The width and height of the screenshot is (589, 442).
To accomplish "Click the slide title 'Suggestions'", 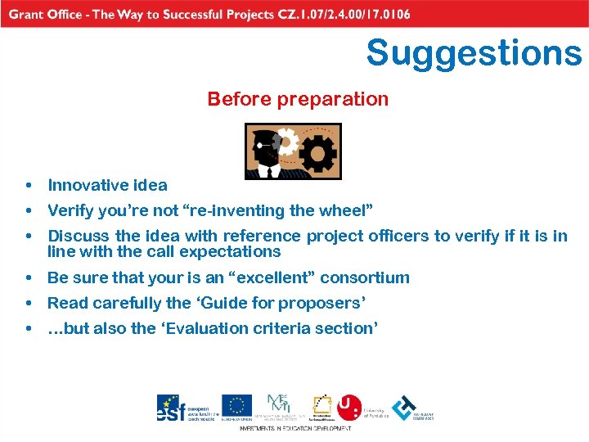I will [x=474, y=53].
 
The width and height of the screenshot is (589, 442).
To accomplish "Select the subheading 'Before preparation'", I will [x=298, y=99].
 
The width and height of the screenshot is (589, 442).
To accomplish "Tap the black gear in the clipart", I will [x=317, y=152].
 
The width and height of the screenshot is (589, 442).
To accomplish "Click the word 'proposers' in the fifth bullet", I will [x=321, y=303].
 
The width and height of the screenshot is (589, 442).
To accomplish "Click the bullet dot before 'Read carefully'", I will [x=29, y=304].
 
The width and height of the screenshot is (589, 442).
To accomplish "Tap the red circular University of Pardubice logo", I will [x=349, y=407].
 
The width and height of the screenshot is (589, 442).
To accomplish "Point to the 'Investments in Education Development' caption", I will [x=295, y=428].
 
